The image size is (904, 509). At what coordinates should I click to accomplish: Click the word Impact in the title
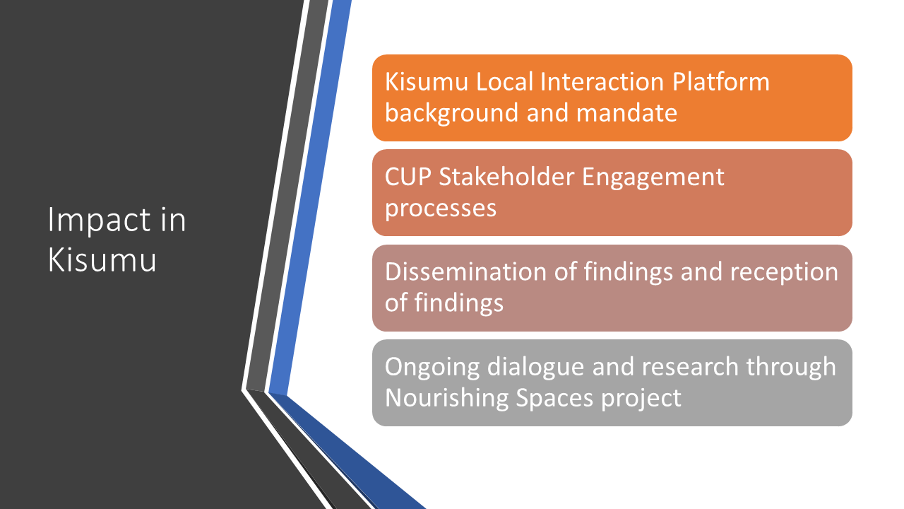coord(100,221)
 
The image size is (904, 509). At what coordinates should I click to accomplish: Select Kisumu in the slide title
coord(102,259)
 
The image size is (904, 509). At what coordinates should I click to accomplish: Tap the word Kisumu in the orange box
coord(427,81)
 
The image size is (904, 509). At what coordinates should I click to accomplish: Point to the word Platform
coord(721,81)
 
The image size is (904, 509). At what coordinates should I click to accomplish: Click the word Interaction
coord(602,81)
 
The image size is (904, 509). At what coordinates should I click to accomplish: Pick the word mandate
coord(626,112)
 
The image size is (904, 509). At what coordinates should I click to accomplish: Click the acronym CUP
coord(408,177)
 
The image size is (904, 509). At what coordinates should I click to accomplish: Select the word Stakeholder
coord(506,177)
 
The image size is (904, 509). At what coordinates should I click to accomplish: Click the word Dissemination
coord(465,271)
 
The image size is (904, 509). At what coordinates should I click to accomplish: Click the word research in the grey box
coord(690,367)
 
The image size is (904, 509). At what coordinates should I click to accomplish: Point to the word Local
coord(504,81)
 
